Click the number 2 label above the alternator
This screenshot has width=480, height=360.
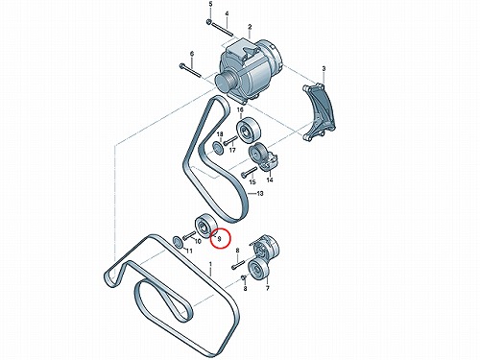[x=250, y=27]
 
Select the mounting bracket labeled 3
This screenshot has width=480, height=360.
[x=320, y=112]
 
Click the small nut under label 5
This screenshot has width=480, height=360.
[x=208, y=22]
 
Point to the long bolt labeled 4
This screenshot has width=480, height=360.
[x=223, y=30]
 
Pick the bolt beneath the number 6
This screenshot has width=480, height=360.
[x=190, y=71]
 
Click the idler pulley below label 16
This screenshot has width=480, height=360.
[x=249, y=130]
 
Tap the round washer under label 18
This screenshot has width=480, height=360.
[x=218, y=149]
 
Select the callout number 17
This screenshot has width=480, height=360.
[x=232, y=150]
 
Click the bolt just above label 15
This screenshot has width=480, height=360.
[x=250, y=172]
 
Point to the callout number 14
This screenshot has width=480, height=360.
[x=270, y=180]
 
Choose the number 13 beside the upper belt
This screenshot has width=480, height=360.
[x=260, y=193]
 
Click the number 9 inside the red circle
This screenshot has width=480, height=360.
[x=219, y=238]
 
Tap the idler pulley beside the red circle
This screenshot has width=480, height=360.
[x=206, y=226]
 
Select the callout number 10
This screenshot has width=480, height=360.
[x=198, y=241]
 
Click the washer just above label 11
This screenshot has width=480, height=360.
[x=179, y=242]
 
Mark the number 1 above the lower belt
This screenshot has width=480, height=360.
[x=210, y=265]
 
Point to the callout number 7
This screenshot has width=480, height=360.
[x=268, y=288]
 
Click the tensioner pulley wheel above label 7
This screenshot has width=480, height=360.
[x=259, y=269]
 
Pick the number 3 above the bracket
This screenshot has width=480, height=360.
[x=324, y=68]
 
